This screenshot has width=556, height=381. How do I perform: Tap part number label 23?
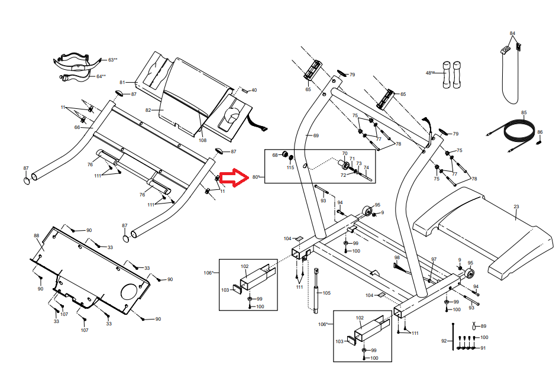tap(516, 206)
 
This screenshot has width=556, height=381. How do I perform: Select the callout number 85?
tap(523, 112)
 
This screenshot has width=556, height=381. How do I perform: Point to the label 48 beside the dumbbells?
tap(429, 73)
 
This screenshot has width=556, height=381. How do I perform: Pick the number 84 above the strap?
tap(512, 33)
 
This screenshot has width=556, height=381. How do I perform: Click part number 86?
tap(540, 132)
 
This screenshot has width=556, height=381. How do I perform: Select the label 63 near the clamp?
tap(111, 60)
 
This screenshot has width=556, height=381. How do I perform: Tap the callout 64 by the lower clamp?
tap(100, 76)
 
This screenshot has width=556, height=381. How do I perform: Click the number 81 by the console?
tap(123, 82)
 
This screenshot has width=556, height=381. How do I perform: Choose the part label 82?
tap(149, 110)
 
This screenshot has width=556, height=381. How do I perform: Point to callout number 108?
tap(203, 140)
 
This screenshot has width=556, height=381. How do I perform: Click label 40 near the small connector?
tap(254, 91)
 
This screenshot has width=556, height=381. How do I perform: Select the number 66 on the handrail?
tap(77, 127)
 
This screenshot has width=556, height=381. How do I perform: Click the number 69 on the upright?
tap(315, 136)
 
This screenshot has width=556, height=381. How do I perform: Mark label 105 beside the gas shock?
tap(327, 293)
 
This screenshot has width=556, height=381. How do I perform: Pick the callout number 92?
tap(444, 341)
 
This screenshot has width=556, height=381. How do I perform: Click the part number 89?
tap(483, 327)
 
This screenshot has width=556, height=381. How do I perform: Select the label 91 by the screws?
tap(483, 348)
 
